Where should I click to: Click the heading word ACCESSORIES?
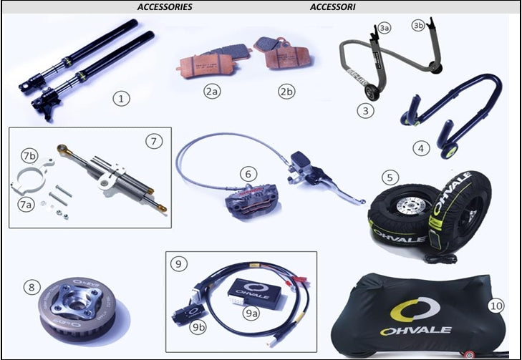(x=165, y=7)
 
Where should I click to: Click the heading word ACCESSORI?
(x=332, y=7)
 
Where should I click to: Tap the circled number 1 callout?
(x=121, y=99)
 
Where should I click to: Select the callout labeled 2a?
(x=213, y=92)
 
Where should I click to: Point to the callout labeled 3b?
(x=418, y=26)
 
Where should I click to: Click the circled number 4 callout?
(x=421, y=148)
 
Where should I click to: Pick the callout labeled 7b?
(x=30, y=156)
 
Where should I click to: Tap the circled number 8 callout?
(x=32, y=287)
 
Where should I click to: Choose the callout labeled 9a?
(x=251, y=313)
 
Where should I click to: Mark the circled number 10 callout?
(x=496, y=306)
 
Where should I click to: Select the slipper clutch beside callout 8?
(x=78, y=304)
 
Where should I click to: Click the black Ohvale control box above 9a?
(x=258, y=293)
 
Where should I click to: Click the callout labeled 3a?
(x=385, y=29)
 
